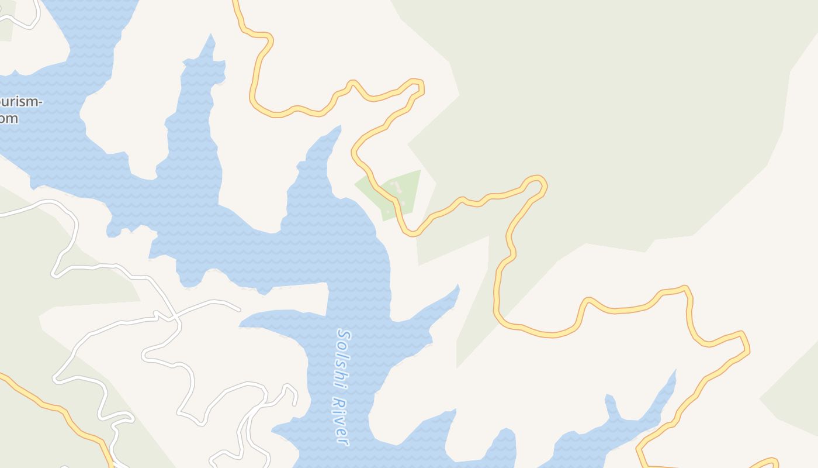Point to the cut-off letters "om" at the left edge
[x=9, y=118]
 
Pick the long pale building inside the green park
[x=397, y=187]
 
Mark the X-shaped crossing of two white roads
[x=175, y=318]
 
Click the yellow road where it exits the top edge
[x=235, y=2]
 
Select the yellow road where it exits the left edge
[x=2, y=375]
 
